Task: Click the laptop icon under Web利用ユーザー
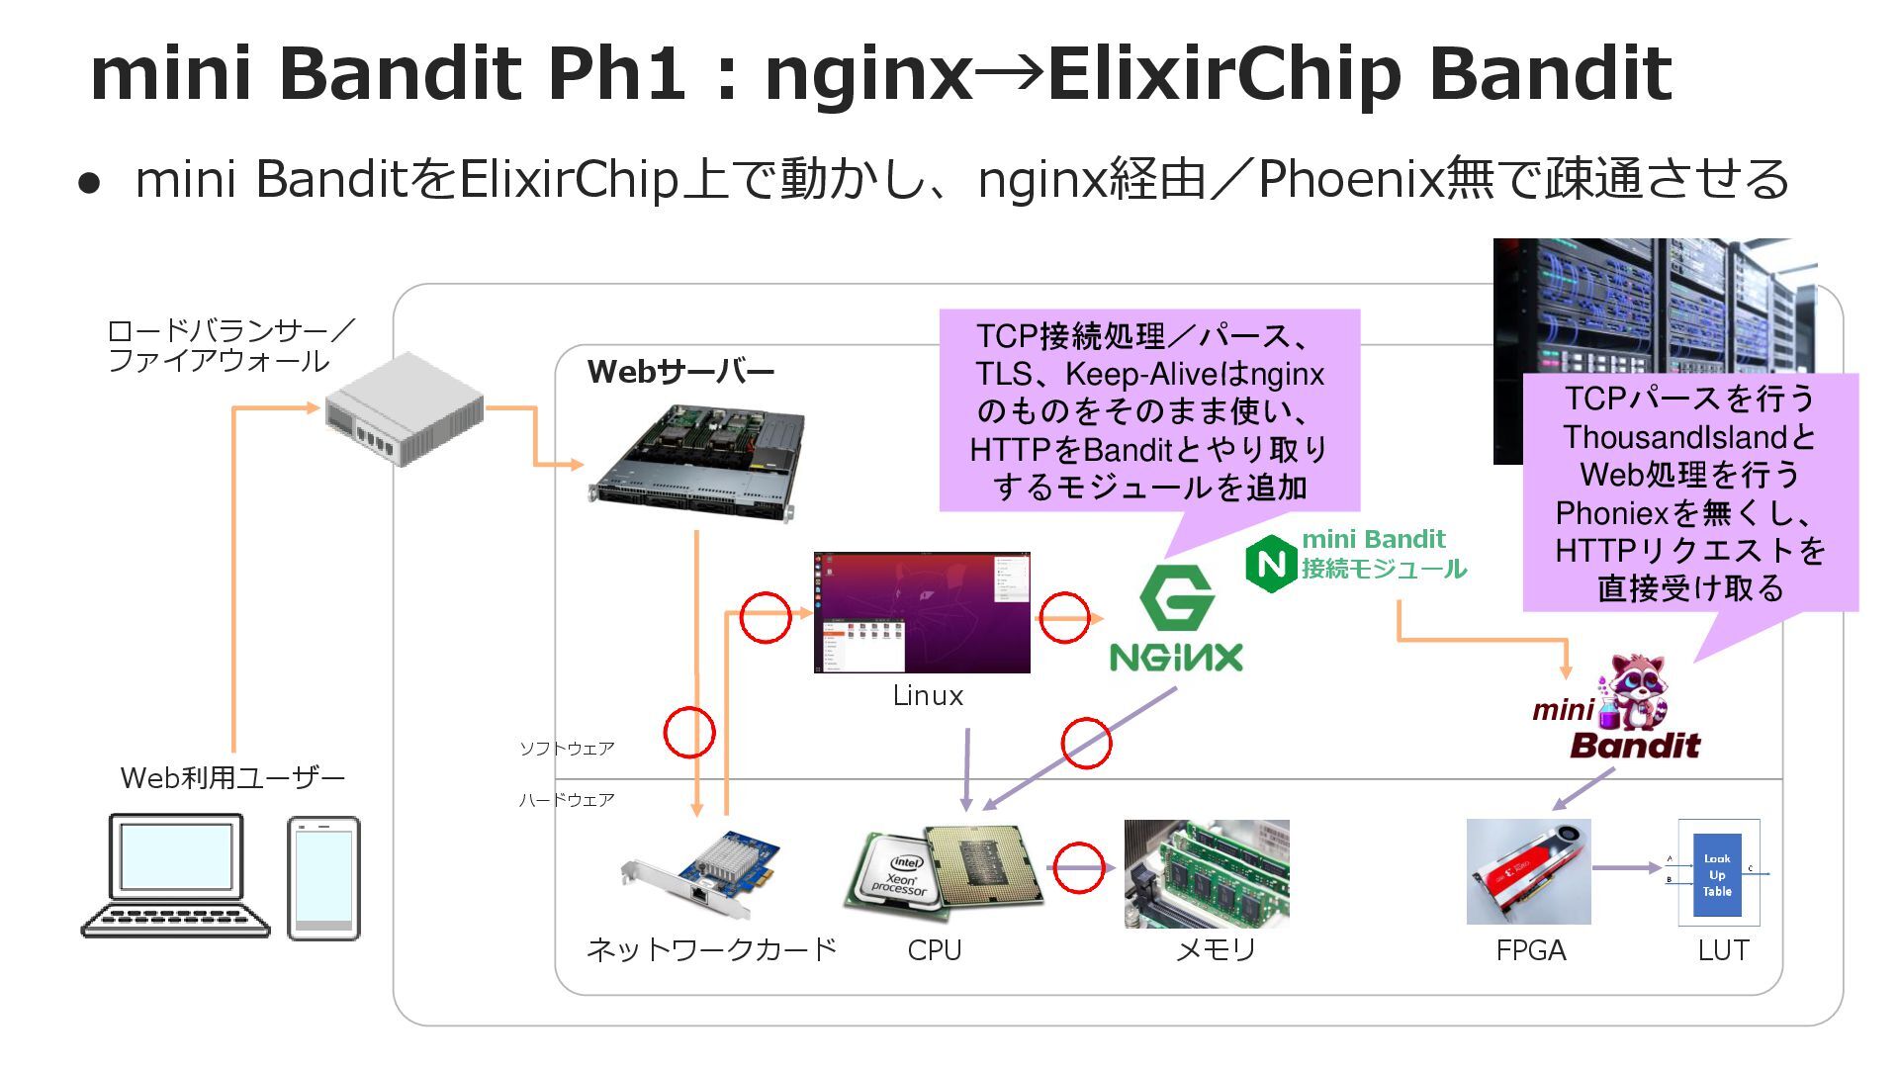pyautogui.click(x=175, y=875)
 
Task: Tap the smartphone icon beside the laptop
pyautogui.click(x=323, y=878)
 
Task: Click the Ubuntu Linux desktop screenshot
pyautogui.click(x=922, y=612)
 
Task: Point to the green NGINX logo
pyautogui.click(x=1176, y=620)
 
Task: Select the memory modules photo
pyautogui.click(x=1207, y=873)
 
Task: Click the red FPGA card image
pyautogui.click(x=1528, y=871)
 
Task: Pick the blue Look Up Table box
pyautogui.click(x=1717, y=874)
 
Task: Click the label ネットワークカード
pyautogui.click(x=711, y=950)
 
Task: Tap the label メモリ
pyautogui.click(x=1215, y=950)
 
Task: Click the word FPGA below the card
pyautogui.click(x=1530, y=950)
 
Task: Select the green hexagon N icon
pyautogui.click(x=1270, y=564)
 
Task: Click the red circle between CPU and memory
pyautogui.click(x=1078, y=868)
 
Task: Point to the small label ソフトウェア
pyautogui.click(x=567, y=749)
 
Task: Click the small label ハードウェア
pyautogui.click(x=567, y=800)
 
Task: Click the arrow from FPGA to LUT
pyautogui.click(x=1627, y=868)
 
